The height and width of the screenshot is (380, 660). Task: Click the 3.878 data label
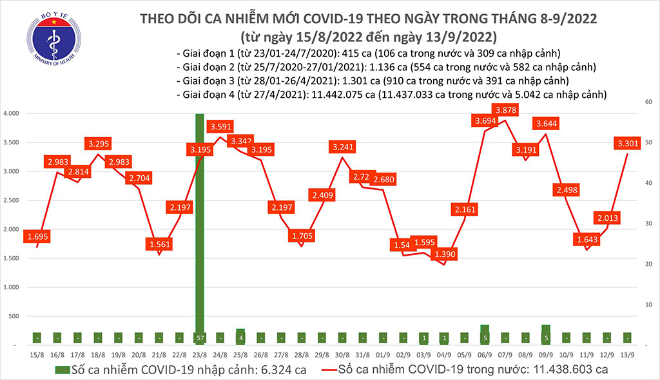(x=506, y=110)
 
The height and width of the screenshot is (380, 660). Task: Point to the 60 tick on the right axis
(x=645, y=102)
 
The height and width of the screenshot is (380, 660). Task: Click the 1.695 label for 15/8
(x=37, y=237)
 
